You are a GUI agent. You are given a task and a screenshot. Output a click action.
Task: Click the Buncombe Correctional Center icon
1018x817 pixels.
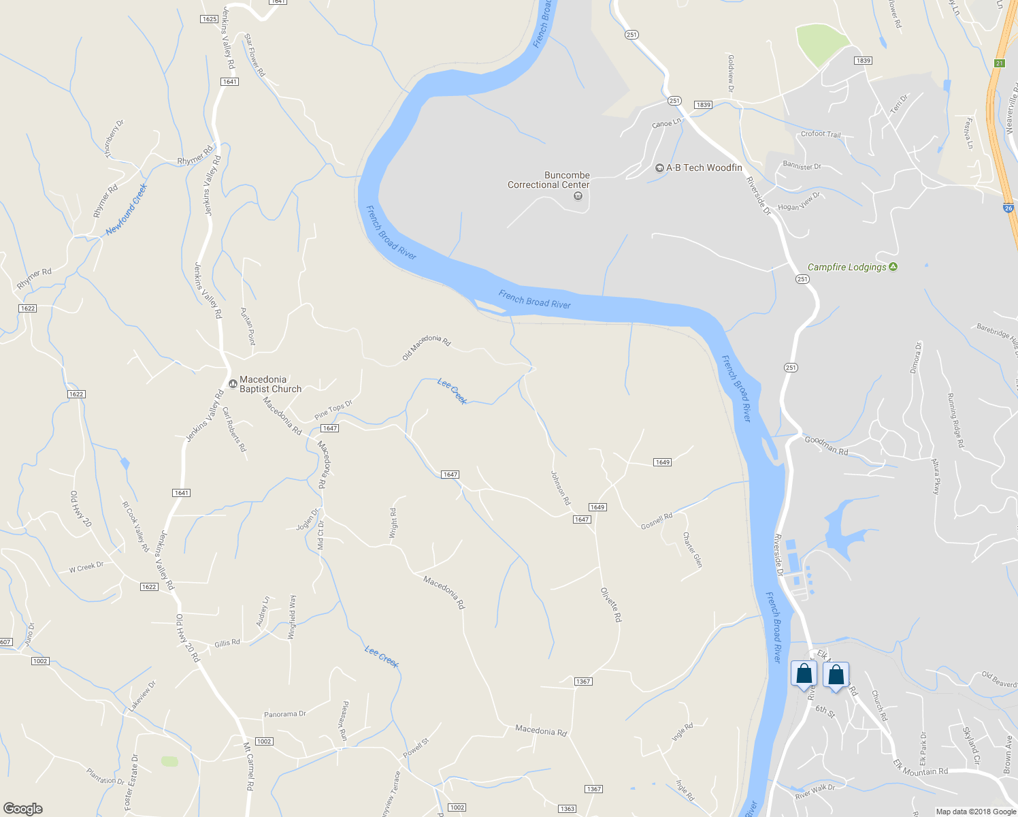[578, 196]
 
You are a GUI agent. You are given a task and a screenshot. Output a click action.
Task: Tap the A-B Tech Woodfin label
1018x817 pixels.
[704, 167]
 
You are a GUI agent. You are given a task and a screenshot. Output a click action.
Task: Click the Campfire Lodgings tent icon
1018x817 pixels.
[893, 267]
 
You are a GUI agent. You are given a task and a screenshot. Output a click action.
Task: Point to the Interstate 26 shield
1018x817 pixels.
[1008, 208]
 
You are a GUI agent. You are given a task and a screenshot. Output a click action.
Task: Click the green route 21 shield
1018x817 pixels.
[999, 63]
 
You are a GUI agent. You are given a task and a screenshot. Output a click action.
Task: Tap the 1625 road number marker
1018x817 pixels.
[210, 19]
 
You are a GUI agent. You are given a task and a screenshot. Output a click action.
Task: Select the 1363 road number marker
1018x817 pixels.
[567, 809]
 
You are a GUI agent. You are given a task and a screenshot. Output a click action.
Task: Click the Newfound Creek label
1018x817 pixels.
[127, 209]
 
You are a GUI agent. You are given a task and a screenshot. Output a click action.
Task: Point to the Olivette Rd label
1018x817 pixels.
[611, 605]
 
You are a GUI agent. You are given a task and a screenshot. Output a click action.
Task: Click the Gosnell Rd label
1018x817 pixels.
[657, 521]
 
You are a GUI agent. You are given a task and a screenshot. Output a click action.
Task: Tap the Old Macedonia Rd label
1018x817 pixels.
[427, 347]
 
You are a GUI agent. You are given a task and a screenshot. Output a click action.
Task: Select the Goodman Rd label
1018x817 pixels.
[826, 445]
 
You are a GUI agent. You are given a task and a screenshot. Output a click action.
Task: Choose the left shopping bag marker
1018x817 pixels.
[804, 674]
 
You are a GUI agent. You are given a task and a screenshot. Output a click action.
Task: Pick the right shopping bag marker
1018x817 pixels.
[836, 675]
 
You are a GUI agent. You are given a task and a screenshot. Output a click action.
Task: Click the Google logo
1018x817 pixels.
[23, 809]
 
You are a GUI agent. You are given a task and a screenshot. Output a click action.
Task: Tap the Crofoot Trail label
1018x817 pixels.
[821, 134]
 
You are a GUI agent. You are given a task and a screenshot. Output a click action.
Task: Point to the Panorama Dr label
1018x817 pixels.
[285, 714]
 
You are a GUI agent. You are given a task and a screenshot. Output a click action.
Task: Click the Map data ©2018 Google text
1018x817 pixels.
[976, 812]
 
